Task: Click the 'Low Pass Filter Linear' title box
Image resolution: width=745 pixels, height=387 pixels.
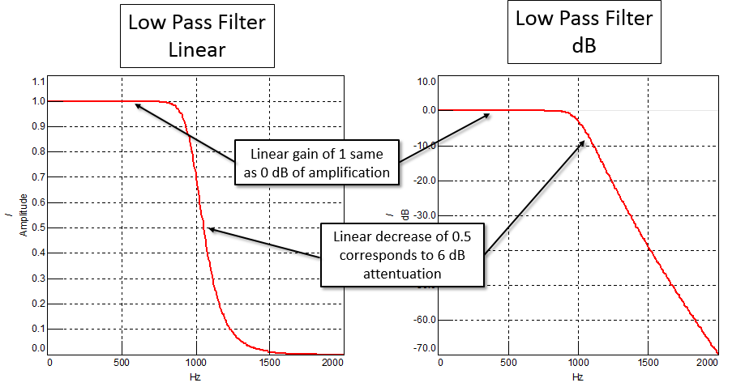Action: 196,36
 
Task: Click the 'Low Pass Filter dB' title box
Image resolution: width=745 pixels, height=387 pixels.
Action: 572,31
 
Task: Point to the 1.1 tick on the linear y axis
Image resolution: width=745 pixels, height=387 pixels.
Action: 39,82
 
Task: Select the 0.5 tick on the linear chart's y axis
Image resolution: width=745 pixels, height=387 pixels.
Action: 39,228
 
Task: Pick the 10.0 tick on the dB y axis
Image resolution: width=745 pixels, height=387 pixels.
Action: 426,82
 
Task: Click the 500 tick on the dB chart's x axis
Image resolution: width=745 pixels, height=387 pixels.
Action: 509,362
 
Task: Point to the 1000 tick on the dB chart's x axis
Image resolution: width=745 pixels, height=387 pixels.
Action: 578,362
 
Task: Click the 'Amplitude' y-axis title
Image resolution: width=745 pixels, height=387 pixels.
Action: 24,214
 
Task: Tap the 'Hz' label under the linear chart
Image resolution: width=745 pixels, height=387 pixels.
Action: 195,376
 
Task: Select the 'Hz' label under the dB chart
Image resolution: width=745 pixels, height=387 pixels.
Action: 578,376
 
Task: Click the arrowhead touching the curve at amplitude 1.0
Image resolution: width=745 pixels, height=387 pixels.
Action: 138,104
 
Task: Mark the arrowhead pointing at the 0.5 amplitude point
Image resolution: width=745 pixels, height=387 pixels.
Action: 209,229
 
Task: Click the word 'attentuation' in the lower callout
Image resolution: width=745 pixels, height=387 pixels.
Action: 402,274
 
